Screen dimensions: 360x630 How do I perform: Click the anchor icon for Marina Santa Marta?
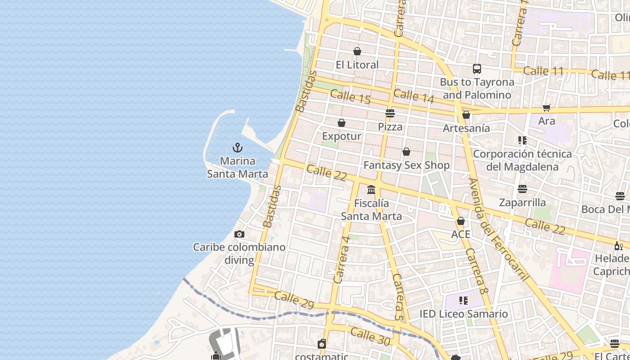[237, 148]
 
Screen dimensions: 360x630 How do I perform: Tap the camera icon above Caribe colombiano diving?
[239, 234]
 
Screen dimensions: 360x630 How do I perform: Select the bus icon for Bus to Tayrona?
[477, 69]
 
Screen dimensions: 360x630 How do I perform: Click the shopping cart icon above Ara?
[547, 108]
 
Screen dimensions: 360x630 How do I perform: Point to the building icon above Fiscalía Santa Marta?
[371, 190]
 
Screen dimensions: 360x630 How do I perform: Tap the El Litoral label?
[357, 65]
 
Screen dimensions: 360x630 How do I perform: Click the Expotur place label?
[342, 136]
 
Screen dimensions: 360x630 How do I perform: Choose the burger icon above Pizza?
[390, 113]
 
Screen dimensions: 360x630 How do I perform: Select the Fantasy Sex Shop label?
[406, 165]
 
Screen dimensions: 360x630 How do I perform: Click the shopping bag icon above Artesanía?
[466, 115]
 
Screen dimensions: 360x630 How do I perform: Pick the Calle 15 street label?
[350, 96]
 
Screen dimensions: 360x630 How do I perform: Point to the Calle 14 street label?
[414, 96]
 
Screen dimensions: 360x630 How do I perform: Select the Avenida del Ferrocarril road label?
[498, 229]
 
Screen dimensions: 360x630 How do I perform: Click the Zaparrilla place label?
[522, 202]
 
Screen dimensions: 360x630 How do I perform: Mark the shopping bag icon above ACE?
[461, 221]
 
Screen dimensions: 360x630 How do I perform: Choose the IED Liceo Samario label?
[463, 314]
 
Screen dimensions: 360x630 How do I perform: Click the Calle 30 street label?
[370, 337]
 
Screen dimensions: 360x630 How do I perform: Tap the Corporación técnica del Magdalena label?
[522, 160]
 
